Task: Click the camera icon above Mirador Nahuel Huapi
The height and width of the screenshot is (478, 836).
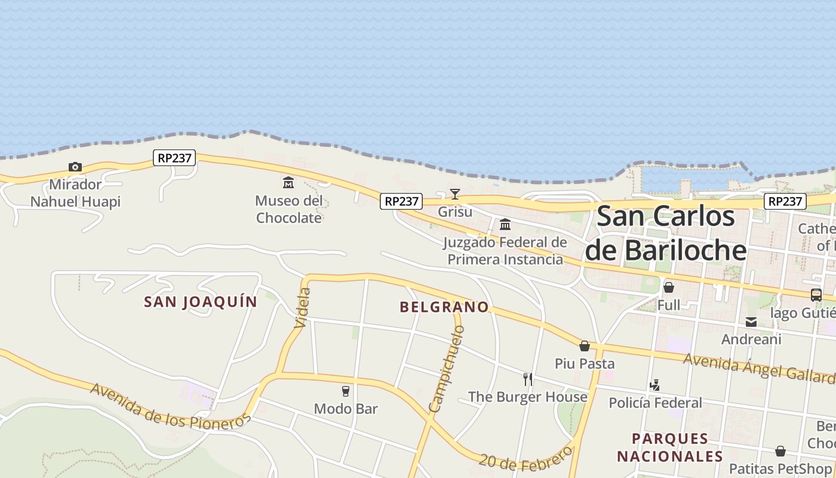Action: click(75, 167)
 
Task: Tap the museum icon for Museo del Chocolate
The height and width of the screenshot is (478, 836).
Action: click(288, 182)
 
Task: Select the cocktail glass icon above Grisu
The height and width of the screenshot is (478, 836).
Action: click(455, 194)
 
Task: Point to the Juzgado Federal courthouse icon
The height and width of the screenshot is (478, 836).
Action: click(505, 224)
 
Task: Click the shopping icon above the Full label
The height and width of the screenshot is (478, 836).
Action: click(669, 287)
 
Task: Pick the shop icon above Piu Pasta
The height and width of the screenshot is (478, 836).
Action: click(585, 345)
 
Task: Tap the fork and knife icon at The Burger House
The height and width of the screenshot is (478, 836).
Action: click(528, 379)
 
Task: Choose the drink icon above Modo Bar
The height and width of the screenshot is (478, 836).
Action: click(345, 391)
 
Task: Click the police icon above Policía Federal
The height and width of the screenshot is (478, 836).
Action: click(655, 385)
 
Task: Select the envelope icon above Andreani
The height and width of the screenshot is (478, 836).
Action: click(751, 322)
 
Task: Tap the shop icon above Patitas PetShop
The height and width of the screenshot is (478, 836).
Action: click(780, 451)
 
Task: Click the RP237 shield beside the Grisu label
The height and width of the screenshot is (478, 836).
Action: click(401, 201)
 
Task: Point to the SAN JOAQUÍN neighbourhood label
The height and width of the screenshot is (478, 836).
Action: click(201, 302)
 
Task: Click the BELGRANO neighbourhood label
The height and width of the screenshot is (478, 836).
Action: click(444, 307)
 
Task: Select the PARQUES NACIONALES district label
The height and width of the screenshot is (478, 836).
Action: click(670, 448)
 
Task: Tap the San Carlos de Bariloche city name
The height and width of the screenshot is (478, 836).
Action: click(666, 233)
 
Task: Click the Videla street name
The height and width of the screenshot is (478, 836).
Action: click(303, 308)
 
